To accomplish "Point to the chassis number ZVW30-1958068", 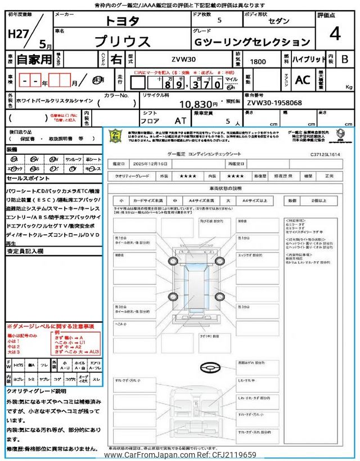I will tap(274, 104).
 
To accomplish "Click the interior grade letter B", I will tap(345, 59).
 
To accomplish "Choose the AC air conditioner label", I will tap(302, 80).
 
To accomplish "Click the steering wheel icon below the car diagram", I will tap(211, 367).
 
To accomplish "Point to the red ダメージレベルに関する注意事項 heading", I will tap(52, 326).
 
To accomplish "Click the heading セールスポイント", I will tap(28, 178).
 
